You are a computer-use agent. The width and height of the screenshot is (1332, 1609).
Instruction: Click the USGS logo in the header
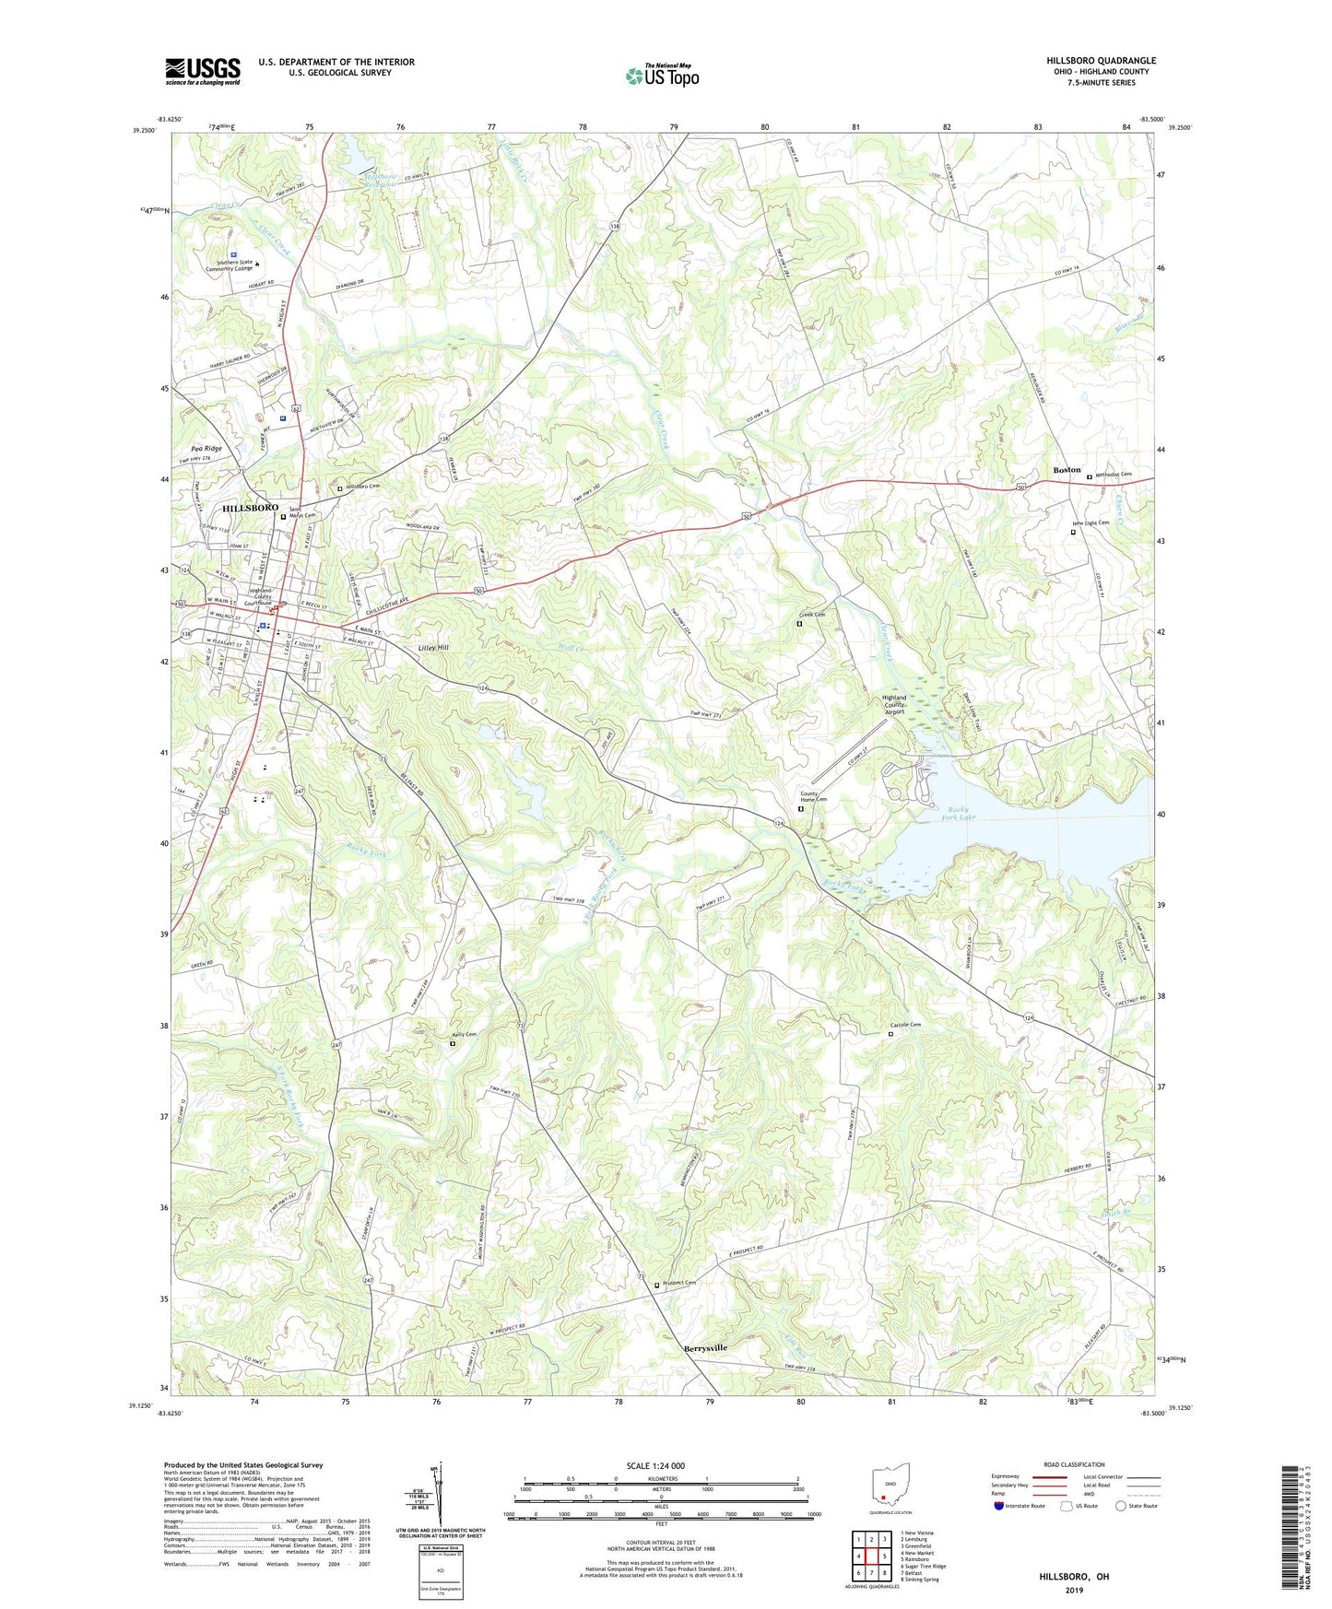pos(203,71)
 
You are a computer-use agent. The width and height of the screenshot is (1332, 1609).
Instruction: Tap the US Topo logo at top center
pos(662,75)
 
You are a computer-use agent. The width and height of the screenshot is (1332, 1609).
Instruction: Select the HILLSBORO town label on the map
pos(250,508)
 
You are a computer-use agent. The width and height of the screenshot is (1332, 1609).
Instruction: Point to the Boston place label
pos(1067,470)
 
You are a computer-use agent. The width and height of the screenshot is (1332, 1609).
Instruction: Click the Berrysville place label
pos(705,1348)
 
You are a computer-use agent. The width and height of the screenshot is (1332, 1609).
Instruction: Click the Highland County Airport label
pos(893,705)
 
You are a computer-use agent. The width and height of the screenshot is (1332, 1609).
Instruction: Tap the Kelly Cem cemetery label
pos(466,1035)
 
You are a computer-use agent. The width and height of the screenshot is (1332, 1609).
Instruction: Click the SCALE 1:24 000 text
pos(655,1465)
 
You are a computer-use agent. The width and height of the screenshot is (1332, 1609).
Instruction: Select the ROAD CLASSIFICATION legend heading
pos(1074,1464)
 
